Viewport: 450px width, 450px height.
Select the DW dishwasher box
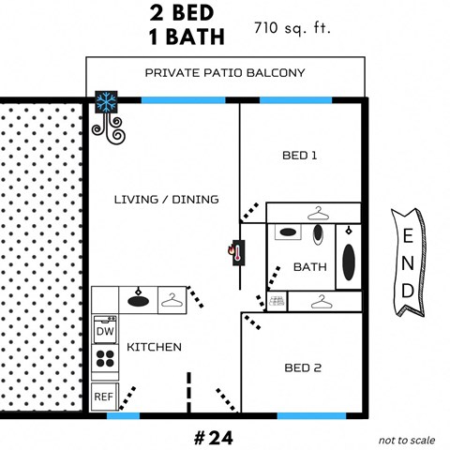click(x=105, y=330)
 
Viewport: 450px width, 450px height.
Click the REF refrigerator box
click(x=104, y=396)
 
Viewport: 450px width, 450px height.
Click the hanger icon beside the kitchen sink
click(x=172, y=299)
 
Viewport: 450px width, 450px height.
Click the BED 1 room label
click(x=299, y=155)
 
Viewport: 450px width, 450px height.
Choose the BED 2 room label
click(x=303, y=367)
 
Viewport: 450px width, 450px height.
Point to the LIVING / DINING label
click(x=166, y=199)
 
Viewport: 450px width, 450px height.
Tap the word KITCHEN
click(x=154, y=347)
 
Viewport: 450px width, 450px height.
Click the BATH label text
click(x=309, y=266)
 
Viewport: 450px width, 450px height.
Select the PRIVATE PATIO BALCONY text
click(x=225, y=72)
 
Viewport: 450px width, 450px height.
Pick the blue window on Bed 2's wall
click(x=313, y=414)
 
